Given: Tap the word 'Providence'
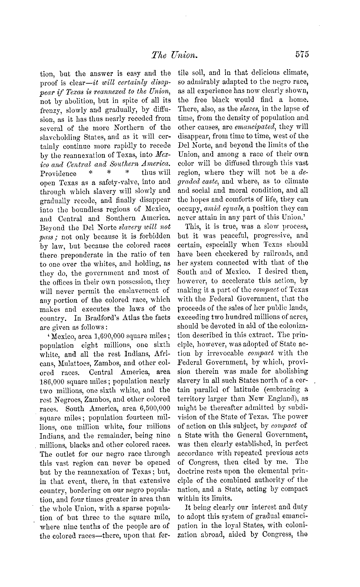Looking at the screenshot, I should click(58, 174).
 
